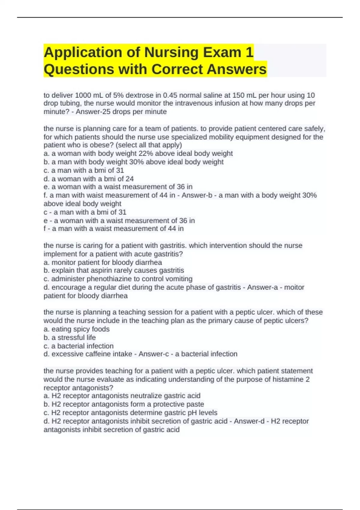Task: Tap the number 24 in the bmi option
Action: coord(129,179)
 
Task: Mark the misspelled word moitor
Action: coord(294,287)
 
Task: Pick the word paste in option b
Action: coord(195,404)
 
